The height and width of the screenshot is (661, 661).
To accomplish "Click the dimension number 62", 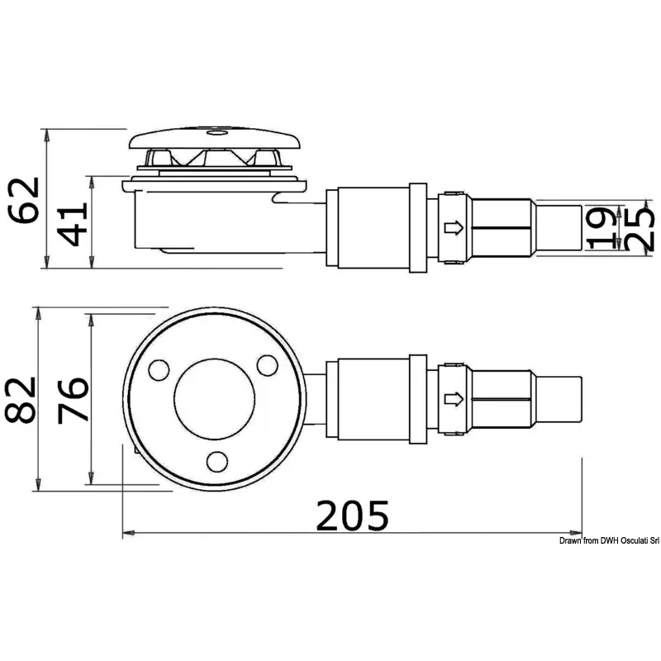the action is coord(25,200).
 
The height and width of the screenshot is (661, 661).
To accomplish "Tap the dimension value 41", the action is coord(73,224).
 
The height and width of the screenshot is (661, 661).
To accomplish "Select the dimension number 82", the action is coord(20,400).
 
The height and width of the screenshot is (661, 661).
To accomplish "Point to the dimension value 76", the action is coord(73,400).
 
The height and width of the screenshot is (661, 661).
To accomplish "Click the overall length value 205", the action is coord(353,515).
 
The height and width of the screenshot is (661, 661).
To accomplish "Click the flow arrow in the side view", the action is coord(454,228).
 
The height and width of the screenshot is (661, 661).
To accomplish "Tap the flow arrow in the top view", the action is coord(454,399).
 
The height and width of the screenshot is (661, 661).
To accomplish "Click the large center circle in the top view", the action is coord(214,399).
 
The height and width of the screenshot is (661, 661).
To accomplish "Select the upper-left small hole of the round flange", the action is coord(159,370).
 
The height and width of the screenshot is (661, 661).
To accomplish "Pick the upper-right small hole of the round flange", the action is coord(267,365).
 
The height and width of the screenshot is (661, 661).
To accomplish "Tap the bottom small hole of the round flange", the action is coord(217,462).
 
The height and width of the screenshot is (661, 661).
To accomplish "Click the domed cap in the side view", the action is coord(215,138).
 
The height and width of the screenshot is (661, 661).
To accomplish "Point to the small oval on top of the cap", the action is coord(217,133).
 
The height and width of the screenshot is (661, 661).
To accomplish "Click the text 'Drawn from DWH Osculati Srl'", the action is coord(609,541).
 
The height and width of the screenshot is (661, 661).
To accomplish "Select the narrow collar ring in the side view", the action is coord(418,228).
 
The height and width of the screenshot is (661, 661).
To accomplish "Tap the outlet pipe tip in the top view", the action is coord(559,399).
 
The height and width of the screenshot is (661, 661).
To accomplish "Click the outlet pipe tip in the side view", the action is coord(559,228).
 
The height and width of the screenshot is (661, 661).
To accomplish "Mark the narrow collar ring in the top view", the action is coord(418,399).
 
